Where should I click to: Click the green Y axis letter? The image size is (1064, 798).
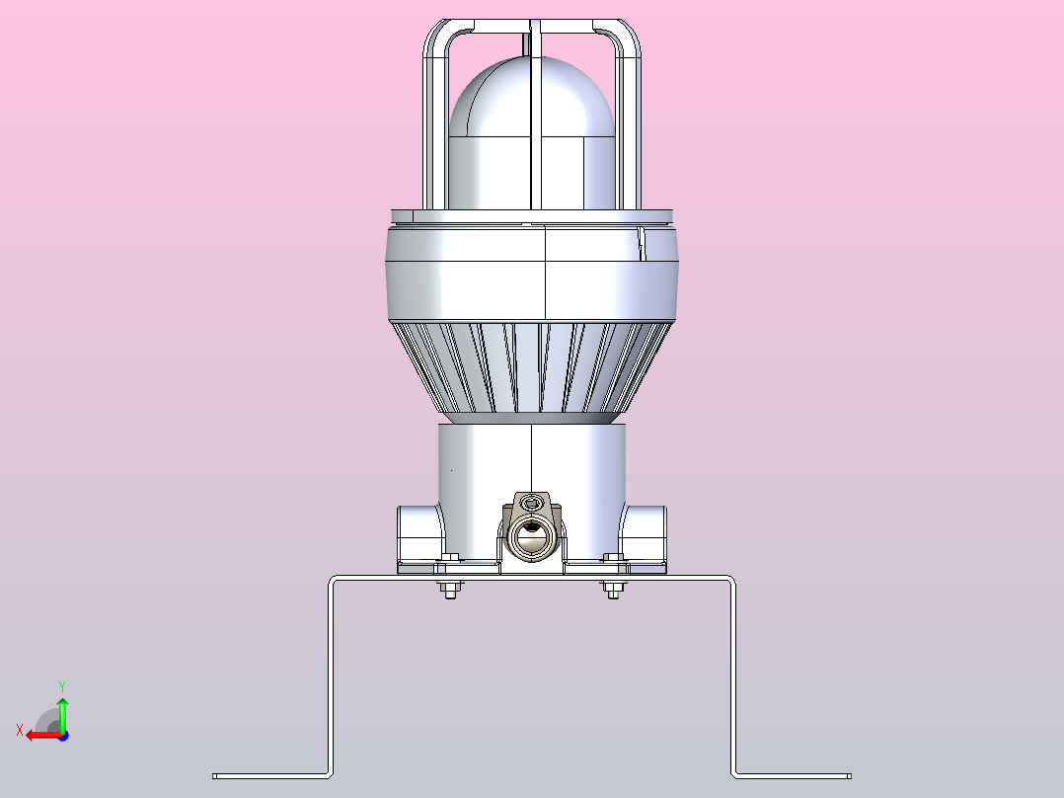point(62,687)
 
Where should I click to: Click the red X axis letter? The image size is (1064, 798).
point(20,730)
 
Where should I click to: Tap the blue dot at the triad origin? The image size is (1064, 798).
point(63,736)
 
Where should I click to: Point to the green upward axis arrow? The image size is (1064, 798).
point(62,714)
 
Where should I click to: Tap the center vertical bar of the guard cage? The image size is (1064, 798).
point(535,116)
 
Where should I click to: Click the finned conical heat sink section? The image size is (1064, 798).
point(531,367)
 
